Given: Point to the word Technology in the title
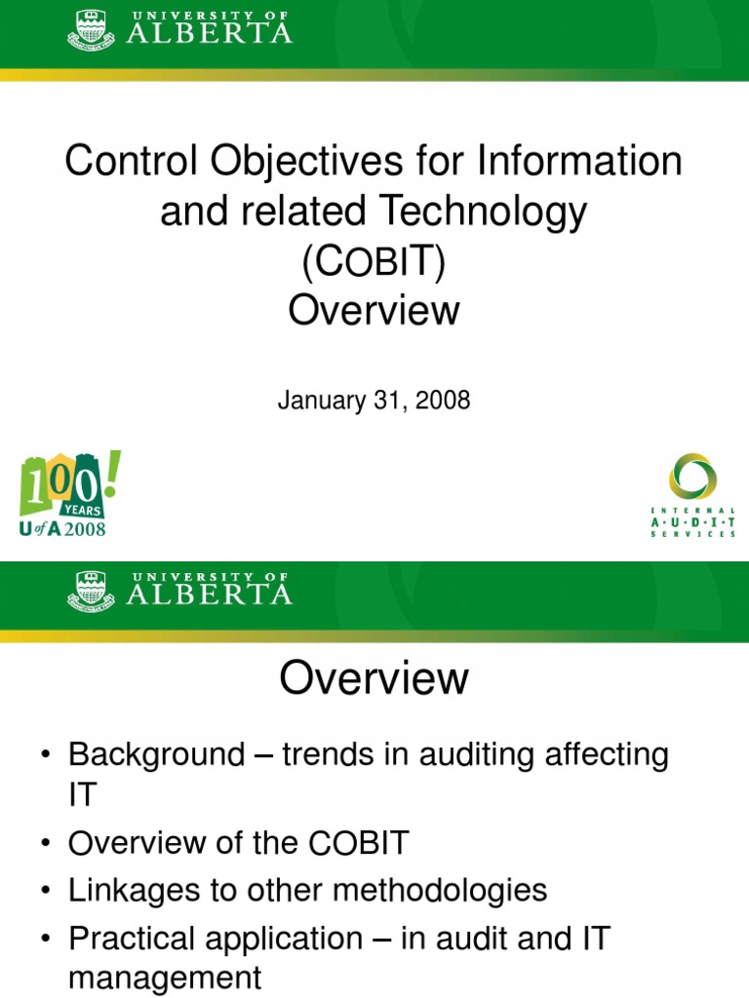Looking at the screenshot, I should (x=493, y=211).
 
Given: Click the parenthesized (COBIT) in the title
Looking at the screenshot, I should (x=374, y=262).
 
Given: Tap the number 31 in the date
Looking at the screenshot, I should (x=383, y=401).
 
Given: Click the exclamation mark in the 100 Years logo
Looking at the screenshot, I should (x=112, y=473).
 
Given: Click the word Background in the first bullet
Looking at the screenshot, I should (x=156, y=755).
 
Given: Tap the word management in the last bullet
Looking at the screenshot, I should (x=165, y=978).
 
